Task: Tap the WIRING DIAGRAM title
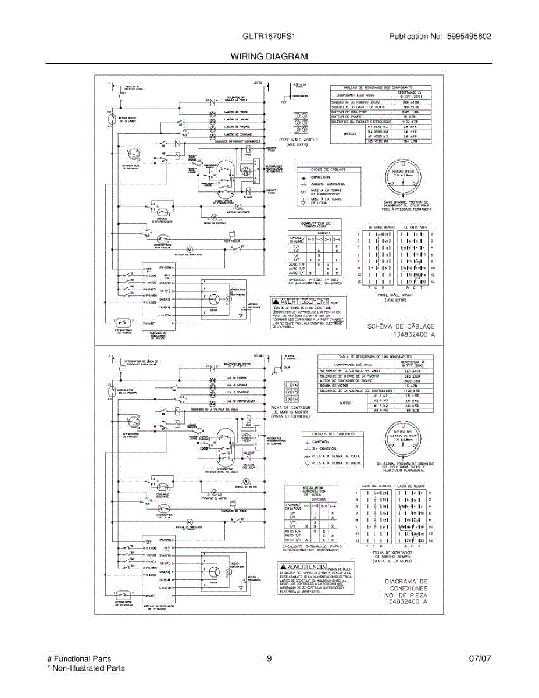coord(269,56)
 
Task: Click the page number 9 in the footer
coord(269,659)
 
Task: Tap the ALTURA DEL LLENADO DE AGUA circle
coord(406,443)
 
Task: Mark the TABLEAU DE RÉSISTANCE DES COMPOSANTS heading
coord(373,86)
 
